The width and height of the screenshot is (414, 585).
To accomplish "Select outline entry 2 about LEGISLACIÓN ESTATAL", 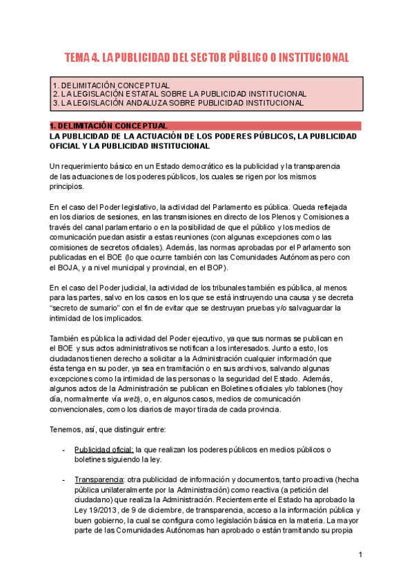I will click(x=179, y=94).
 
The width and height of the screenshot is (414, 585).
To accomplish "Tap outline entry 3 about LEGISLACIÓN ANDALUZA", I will click(x=177, y=103).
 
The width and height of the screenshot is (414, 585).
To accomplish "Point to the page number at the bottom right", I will click(x=360, y=555).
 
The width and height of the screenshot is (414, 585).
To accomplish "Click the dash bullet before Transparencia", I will click(x=63, y=479).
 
